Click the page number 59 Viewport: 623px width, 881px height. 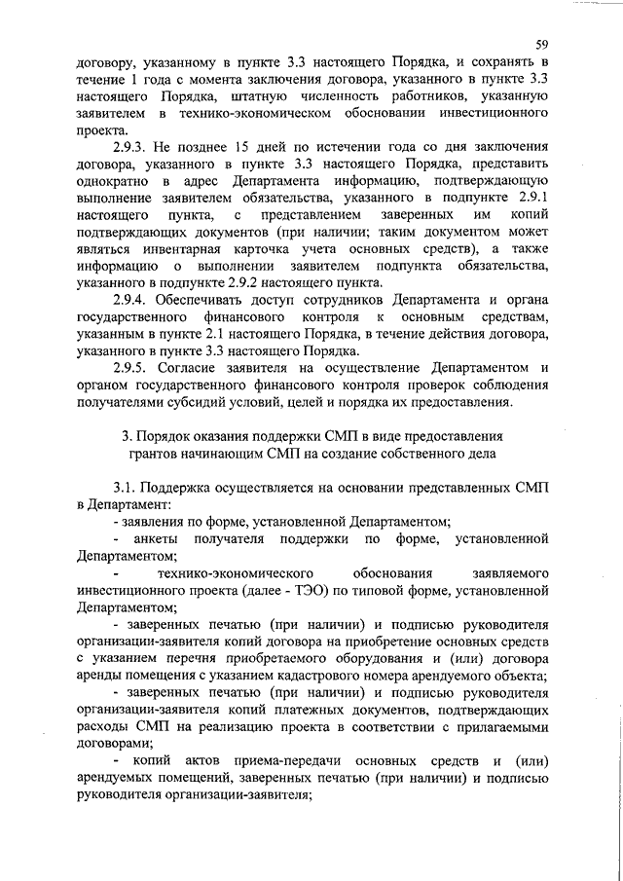click(x=541, y=42)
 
